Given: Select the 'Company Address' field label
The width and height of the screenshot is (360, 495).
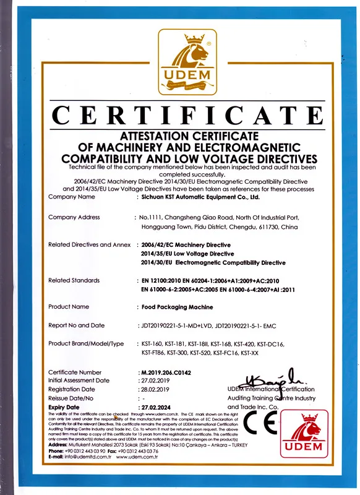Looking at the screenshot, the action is (x=74, y=217).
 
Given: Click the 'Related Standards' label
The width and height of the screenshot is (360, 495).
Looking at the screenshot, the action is (x=74, y=280).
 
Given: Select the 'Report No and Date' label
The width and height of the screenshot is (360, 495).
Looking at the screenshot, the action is (x=77, y=325).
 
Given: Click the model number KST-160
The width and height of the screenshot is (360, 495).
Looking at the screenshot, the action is (x=153, y=343).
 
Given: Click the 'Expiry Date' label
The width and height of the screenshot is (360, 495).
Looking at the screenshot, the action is (x=64, y=408).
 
